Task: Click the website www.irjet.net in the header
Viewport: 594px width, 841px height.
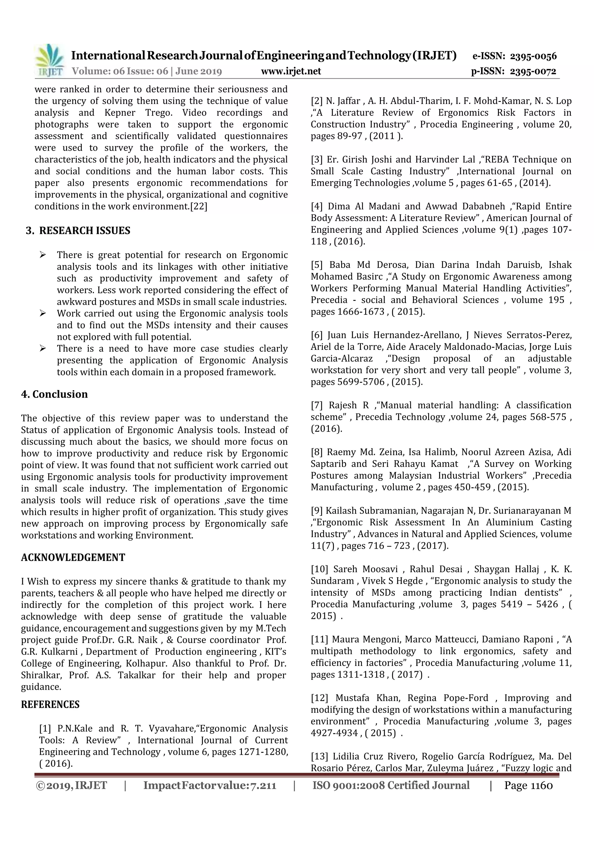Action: [291, 71]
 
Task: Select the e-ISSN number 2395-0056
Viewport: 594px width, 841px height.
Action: [533, 56]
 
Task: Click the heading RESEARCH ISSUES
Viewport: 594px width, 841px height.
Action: [84, 231]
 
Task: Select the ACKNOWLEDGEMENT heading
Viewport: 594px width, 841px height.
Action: [73, 557]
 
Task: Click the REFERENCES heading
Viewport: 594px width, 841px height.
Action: [50, 704]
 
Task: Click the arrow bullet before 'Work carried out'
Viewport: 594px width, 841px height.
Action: [43, 313]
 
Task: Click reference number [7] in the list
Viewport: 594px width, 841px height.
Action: [317, 406]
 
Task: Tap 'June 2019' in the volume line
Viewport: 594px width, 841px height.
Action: [199, 71]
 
